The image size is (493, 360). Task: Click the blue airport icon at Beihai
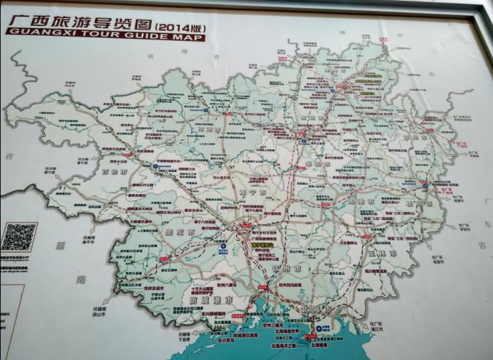tap(319, 329)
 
